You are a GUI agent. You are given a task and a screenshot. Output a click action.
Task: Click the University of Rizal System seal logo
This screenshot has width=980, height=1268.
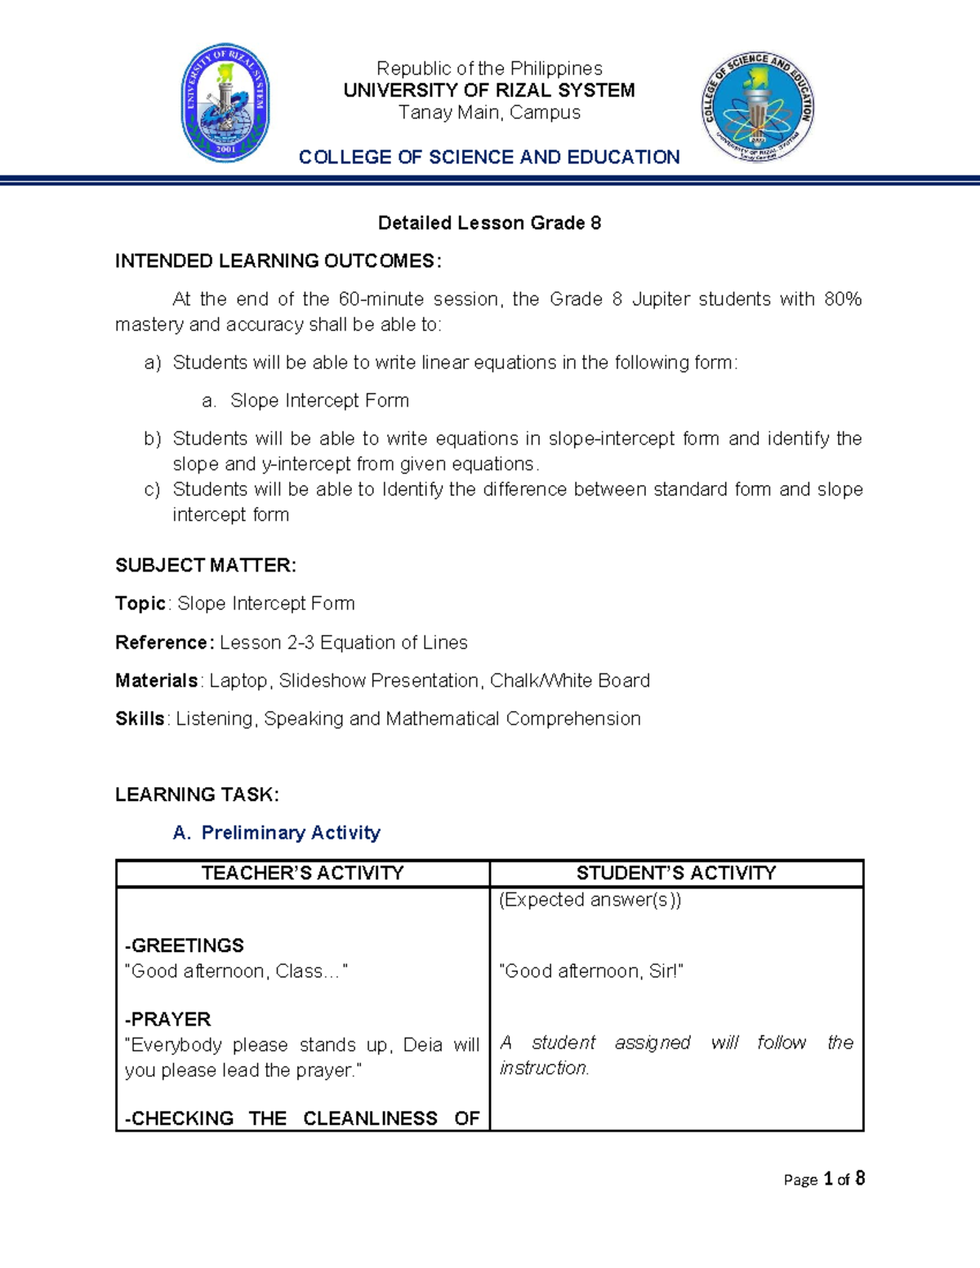click(x=225, y=103)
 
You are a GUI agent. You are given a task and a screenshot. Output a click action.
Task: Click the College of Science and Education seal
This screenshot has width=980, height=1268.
click(x=757, y=107)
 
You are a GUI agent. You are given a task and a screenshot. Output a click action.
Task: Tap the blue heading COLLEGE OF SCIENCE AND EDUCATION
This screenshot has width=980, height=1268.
click(x=489, y=157)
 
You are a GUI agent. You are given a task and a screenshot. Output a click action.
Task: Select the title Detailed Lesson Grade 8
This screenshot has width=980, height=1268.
click(x=489, y=223)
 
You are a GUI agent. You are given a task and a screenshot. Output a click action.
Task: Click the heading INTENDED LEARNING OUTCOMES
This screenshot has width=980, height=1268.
click(x=278, y=261)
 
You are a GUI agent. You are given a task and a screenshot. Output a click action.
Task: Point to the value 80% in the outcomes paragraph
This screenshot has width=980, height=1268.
click(x=843, y=300)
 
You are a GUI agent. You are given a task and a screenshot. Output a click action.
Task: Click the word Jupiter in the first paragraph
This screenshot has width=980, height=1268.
click(x=660, y=300)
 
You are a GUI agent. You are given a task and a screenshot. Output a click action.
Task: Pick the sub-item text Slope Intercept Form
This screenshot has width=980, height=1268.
click(x=319, y=401)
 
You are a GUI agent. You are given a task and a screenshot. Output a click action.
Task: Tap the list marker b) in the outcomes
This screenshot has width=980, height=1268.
click(x=153, y=439)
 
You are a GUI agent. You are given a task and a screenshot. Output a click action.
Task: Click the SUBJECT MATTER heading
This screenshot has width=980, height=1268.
click(x=205, y=565)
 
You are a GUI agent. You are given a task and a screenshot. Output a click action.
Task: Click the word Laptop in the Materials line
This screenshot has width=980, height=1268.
click(x=238, y=681)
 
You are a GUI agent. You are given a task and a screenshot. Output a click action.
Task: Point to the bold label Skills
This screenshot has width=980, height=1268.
click(x=140, y=719)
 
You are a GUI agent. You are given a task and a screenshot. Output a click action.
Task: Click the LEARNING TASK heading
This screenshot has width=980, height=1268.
click(x=197, y=794)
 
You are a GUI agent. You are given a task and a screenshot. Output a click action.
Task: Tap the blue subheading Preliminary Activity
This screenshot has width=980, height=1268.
click(x=291, y=833)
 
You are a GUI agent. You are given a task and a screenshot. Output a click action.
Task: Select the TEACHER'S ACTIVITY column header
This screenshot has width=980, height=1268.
click(x=302, y=873)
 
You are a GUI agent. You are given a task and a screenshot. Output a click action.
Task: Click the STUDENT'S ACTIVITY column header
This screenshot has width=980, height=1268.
click(x=676, y=873)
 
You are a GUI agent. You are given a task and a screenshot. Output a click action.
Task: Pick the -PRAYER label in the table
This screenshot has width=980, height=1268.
click(x=168, y=1019)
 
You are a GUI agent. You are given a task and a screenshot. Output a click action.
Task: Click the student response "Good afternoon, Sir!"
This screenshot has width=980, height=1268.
click(x=590, y=971)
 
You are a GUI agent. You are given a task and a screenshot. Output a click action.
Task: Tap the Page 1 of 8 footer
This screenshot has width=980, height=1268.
click(x=823, y=1179)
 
